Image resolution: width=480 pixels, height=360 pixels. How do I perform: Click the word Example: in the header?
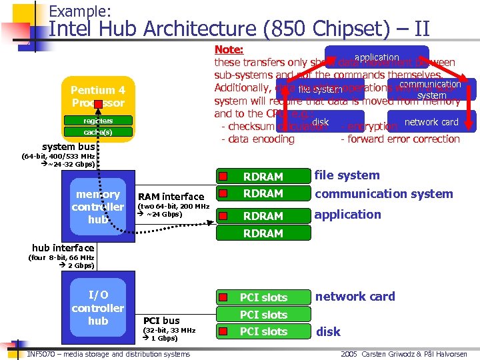[x=80, y=11]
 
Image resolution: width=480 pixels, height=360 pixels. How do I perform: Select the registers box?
[x=98, y=121]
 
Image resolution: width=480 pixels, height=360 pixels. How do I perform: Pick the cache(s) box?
[x=98, y=132]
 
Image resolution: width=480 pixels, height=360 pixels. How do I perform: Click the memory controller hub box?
[x=98, y=207]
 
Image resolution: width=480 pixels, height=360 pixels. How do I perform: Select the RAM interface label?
[x=171, y=197]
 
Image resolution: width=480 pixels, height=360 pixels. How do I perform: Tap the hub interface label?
[x=64, y=248]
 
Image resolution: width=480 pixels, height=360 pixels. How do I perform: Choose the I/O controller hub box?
[x=98, y=308]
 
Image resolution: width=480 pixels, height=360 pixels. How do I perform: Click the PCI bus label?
[x=162, y=321]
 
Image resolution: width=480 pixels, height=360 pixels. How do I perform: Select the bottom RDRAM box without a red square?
[x=263, y=233]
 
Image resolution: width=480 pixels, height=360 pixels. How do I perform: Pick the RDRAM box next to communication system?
[x=263, y=193]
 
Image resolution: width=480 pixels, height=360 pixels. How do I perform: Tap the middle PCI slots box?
[x=263, y=315]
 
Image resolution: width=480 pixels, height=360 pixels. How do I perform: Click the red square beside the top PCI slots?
[x=225, y=297]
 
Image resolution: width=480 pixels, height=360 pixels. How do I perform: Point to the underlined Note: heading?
[x=229, y=50]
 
